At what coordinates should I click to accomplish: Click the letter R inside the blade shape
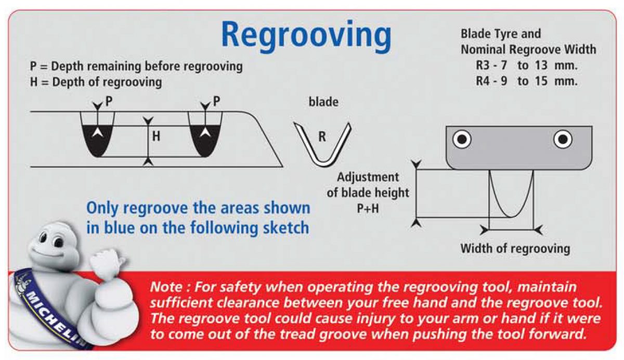pyautogui.click(x=322, y=137)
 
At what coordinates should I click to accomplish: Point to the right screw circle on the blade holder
pyautogui.click(x=563, y=139)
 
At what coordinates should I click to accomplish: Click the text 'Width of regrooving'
pyautogui.click(x=515, y=248)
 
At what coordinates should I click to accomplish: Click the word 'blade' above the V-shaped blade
pyautogui.click(x=323, y=102)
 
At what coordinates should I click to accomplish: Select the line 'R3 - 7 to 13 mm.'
pyautogui.click(x=526, y=66)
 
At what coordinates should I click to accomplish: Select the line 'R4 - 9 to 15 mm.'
pyautogui.click(x=526, y=81)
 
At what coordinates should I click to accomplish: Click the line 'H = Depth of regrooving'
pyautogui.click(x=96, y=82)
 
